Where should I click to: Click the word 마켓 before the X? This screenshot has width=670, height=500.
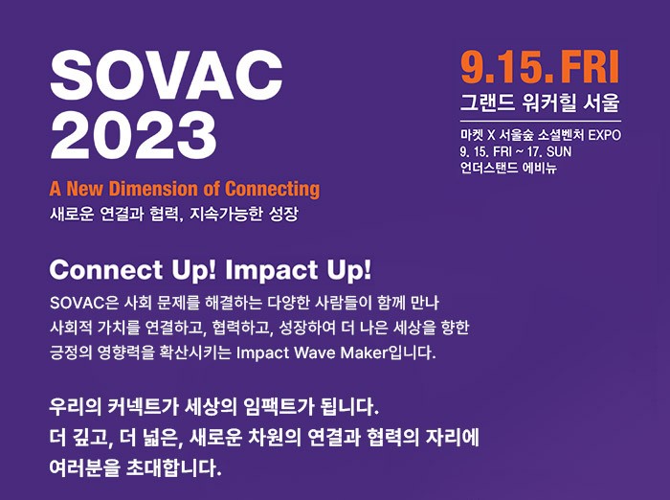pos(471,134)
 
